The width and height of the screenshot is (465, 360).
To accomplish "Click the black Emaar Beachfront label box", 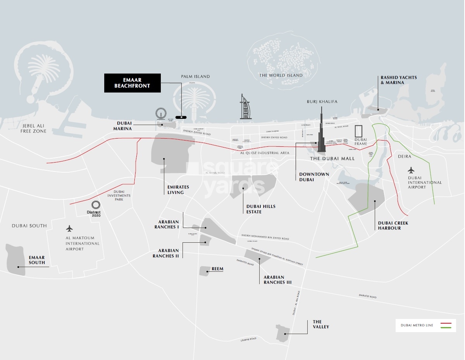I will point(132,83).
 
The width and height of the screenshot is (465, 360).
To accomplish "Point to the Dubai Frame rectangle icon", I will point(360,132).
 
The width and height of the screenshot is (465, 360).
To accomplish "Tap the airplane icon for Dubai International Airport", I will point(411,170).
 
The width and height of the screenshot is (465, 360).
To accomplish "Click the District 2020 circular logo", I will point(96,205).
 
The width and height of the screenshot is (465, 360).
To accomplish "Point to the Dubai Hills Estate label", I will point(261,209).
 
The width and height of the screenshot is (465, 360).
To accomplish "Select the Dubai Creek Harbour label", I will point(393,226).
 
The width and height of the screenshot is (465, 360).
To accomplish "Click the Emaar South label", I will point(37,260).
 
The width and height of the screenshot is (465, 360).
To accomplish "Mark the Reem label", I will point(217,269).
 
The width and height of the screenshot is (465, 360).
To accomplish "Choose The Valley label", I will point(321,324).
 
